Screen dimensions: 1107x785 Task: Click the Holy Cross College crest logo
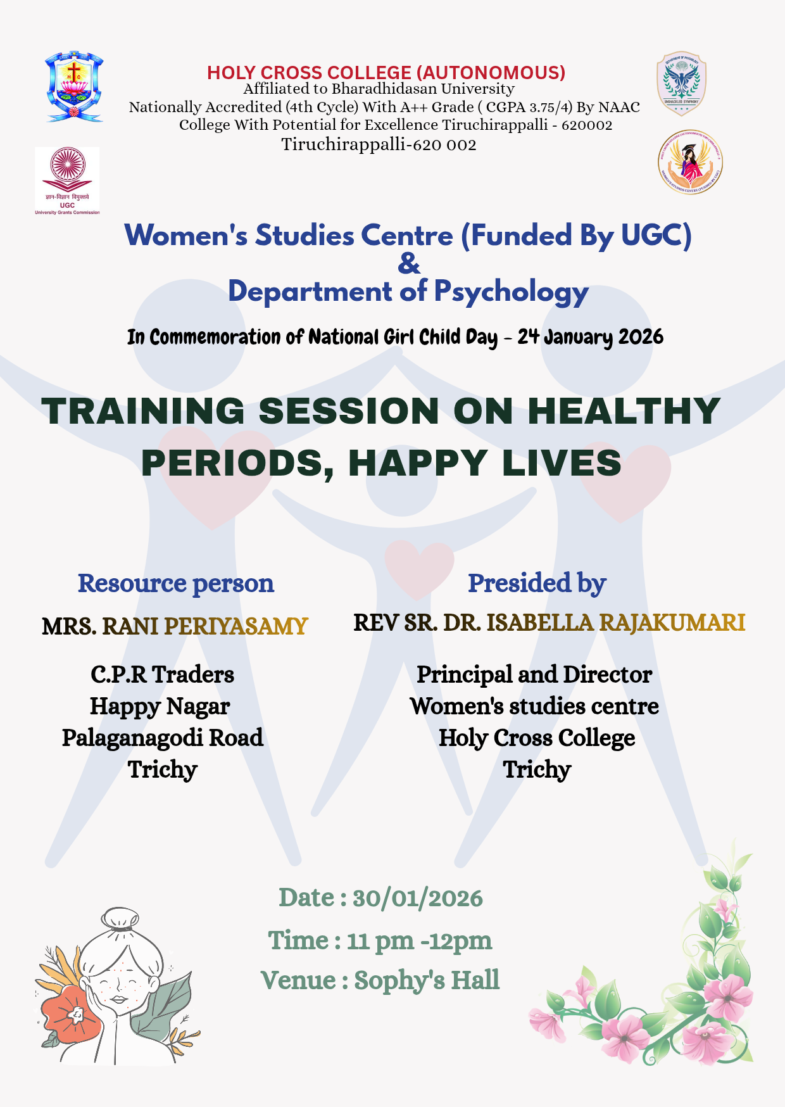tap(73, 87)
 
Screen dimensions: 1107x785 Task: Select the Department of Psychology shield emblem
tap(681, 84)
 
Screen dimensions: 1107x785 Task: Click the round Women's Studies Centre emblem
tap(690, 162)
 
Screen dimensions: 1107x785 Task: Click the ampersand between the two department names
tap(409, 263)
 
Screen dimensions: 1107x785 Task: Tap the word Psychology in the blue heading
tap(511, 293)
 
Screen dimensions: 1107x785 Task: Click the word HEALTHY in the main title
tap(624, 411)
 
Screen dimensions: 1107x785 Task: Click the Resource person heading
tap(175, 583)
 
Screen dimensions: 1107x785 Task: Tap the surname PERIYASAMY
tap(235, 626)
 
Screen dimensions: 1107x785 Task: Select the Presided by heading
tap(537, 583)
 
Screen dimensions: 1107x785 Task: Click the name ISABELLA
tap(540, 623)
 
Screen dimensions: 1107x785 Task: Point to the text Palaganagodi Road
tap(163, 738)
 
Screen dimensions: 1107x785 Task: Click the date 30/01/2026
tap(417, 898)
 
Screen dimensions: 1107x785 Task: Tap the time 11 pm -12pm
tap(419, 940)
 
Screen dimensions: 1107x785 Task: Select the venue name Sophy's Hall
tap(427, 980)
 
